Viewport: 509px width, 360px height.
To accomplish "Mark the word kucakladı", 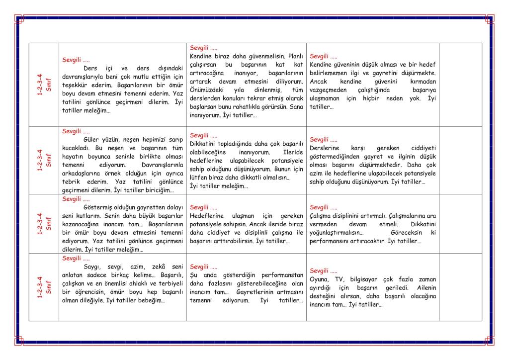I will point(77,148).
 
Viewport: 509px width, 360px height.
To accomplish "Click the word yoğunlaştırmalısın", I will point(336,233).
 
